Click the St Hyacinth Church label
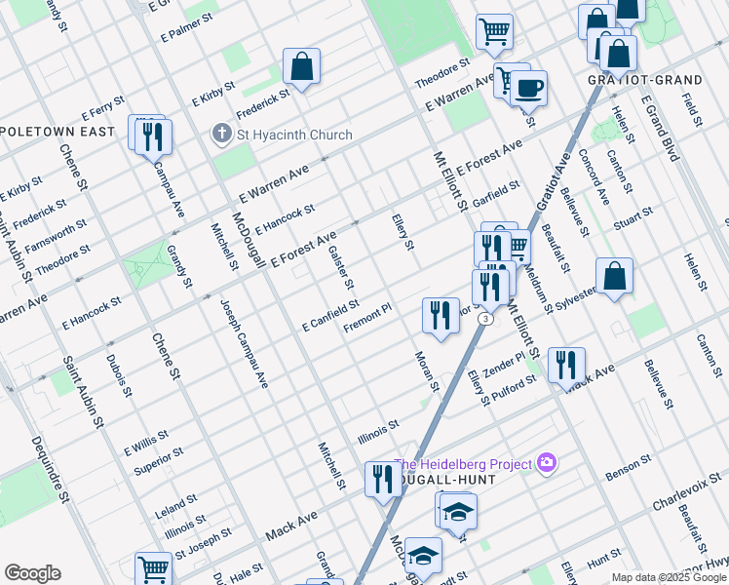[283, 134]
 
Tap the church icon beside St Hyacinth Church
[222, 134]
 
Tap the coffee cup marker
[528, 89]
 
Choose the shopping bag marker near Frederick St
[302, 67]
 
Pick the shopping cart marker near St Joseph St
[153, 568]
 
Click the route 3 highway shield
[484, 319]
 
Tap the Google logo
[31, 573]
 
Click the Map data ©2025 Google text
[668, 577]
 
